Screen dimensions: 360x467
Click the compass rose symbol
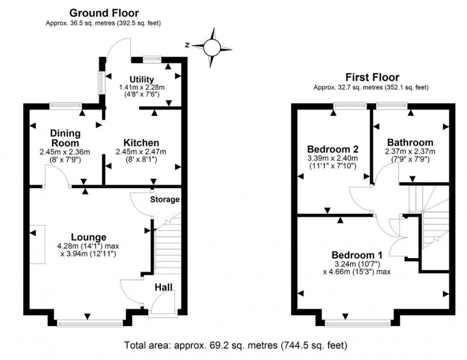click(213, 47)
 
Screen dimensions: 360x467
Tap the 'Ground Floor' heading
click(104, 13)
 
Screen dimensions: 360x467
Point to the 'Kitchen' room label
click(141, 143)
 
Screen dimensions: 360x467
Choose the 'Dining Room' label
click(65, 138)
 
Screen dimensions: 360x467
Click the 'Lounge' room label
click(89, 237)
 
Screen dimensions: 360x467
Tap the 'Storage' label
click(165, 199)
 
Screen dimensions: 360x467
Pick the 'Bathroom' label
click(410, 142)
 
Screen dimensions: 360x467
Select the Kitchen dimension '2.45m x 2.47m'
click(141, 152)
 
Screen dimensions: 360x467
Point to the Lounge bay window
click(90, 324)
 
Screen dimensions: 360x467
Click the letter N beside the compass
click(188, 45)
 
